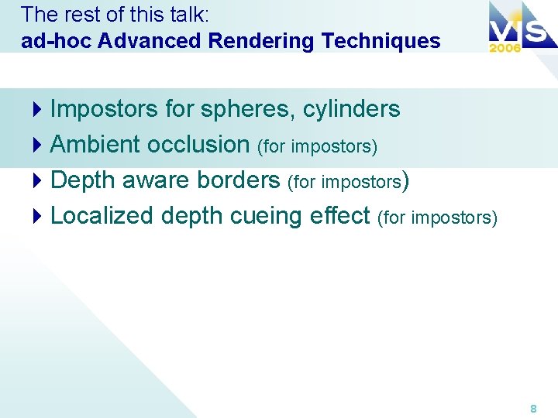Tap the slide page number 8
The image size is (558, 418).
tap(533, 407)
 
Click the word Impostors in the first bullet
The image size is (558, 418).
tap(104, 109)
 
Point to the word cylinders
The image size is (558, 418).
tap(352, 109)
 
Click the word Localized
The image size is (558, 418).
tap(102, 215)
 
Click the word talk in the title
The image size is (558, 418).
tap(185, 15)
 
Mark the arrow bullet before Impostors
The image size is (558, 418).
tap(39, 110)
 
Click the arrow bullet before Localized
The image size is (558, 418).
tap(39, 216)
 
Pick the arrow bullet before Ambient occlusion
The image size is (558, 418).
tap(39, 145)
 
